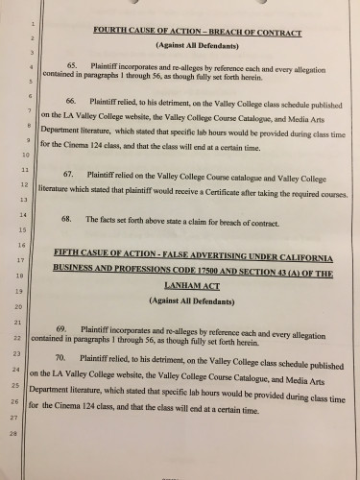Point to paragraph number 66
[x=73, y=127]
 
